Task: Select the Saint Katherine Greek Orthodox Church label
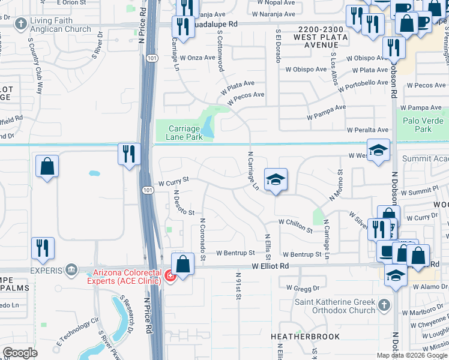point(343,306)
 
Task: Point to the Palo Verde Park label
point(426,125)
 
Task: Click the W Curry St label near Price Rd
point(173,179)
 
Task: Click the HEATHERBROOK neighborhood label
point(304,337)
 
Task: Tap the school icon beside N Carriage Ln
point(276,179)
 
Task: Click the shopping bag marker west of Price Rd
point(47,167)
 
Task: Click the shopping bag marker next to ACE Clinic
point(182,263)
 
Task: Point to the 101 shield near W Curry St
point(148,190)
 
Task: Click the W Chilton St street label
point(295,226)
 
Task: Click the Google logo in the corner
point(20,353)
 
